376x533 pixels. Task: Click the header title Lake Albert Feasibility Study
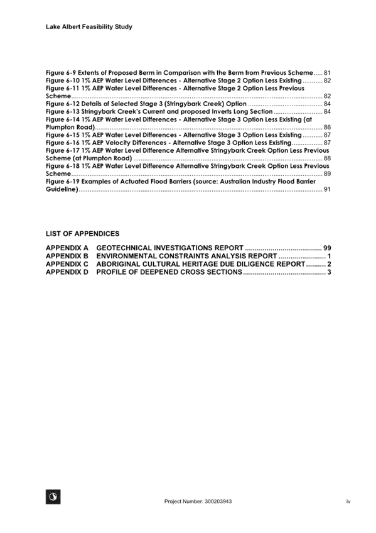[x=89, y=27]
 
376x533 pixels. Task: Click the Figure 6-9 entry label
[x=61, y=73]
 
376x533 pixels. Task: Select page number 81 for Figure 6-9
[x=327, y=73]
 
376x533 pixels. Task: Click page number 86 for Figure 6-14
[x=327, y=127]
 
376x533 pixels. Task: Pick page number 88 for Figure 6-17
[x=327, y=158]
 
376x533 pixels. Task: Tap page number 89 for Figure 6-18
[x=327, y=173]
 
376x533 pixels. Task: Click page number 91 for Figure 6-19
[x=327, y=189]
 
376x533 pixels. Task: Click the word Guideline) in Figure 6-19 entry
[x=62, y=189]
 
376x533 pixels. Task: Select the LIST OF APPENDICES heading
[x=82, y=234]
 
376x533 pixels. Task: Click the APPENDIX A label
[x=67, y=248]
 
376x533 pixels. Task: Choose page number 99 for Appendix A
[x=327, y=248]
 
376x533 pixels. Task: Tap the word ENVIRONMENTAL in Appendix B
[x=127, y=256]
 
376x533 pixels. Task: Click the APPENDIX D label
[x=67, y=272]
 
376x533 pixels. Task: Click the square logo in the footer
[x=53, y=497]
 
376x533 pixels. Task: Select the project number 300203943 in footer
[x=218, y=502]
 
